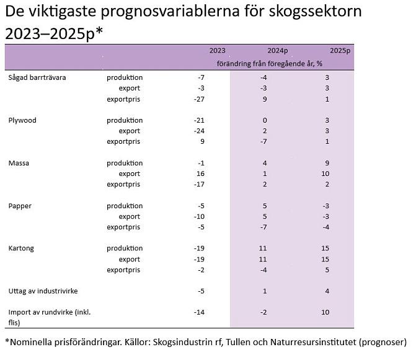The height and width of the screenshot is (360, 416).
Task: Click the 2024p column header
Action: tap(278, 51)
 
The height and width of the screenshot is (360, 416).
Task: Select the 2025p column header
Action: tap(340, 51)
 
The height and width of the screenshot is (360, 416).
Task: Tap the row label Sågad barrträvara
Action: tap(37, 77)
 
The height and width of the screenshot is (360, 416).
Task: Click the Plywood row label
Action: tap(22, 120)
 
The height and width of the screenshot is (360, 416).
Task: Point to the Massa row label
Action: tap(19, 163)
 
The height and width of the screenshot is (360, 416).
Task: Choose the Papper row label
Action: tap(20, 206)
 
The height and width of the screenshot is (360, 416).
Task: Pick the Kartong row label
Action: tap(22, 248)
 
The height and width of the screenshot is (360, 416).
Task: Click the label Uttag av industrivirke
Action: tap(43, 291)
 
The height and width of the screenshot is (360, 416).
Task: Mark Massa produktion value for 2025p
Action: tap(326, 163)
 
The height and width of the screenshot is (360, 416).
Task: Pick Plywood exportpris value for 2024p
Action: tap(263, 141)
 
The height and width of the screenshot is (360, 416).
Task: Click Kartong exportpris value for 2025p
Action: tap(326, 270)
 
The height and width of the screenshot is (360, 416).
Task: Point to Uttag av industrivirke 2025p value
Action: tap(326, 291)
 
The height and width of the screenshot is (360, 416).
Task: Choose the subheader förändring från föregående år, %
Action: tap(269, 63)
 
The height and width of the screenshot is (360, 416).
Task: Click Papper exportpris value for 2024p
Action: tap(263, 227)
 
